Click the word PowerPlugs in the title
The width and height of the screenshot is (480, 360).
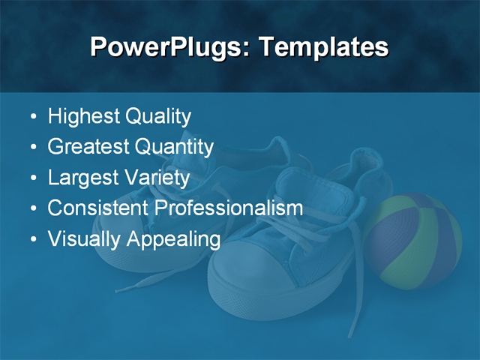[x=169, y=47]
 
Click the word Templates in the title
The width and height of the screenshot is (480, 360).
[x=323, y=47]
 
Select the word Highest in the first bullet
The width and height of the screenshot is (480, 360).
[x=83, y=117]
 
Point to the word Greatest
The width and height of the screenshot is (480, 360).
[x=88, y=147]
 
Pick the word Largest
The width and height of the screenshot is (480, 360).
[x=81, y=178]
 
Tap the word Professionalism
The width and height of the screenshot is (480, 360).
[x=229, y=208]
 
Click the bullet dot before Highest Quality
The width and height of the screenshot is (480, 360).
[x=32, y=118]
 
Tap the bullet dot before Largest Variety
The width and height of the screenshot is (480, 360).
[x=32, y=178]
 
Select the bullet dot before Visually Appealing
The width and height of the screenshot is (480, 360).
[x=32, y=239]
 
